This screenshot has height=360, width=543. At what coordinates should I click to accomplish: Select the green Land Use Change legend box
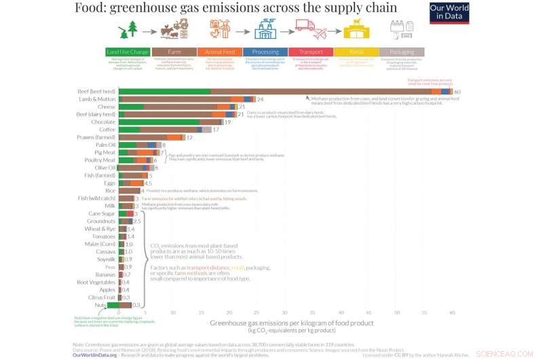(127, 52)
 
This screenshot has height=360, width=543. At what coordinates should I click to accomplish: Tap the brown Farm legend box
(173, 52)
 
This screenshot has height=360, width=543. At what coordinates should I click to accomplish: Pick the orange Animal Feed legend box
(219, 52)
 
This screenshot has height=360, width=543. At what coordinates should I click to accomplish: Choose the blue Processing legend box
(264, 52)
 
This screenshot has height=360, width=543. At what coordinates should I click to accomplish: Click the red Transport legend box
(310, 52)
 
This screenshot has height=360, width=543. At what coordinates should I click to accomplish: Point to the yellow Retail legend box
(356, 52)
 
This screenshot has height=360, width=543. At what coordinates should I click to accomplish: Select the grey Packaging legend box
(402, 52)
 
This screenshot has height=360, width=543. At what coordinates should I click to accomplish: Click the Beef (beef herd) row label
(96, 91)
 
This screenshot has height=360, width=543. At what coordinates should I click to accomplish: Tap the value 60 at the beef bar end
(457, 92)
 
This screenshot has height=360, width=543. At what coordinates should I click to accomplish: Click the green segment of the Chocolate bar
(160, 122)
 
